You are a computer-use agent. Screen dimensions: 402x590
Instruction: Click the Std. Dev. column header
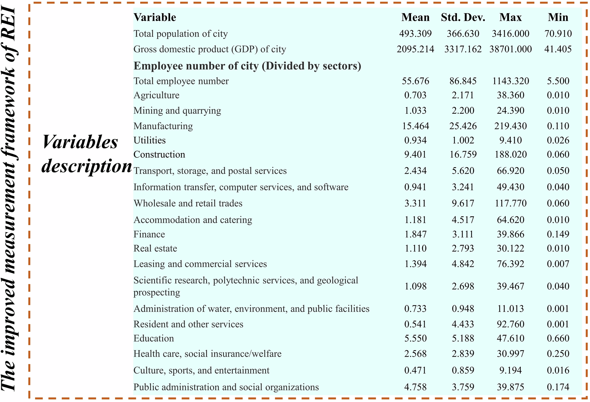(x=463, y=17)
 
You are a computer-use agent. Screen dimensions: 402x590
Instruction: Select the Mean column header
(x=415, y=17)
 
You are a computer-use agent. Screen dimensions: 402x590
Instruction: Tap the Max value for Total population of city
(x=510, y=34)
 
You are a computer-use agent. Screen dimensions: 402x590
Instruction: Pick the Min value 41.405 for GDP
(x=558, y=49)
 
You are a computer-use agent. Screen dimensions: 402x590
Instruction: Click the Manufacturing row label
(x=163, y=126)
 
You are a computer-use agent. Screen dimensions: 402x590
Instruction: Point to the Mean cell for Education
(x=415, y=338)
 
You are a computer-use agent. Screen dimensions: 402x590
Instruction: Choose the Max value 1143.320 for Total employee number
(x=510, y=81)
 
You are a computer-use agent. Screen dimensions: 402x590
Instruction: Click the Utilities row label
(x=150, y=140)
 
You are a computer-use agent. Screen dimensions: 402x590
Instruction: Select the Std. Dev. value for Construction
(x=463, y=154)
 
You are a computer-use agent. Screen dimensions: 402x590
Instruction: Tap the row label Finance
(x=149, y=234)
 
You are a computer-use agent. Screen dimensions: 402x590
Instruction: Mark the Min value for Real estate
(x=558, y=249)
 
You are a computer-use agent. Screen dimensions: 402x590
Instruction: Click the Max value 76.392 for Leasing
(x=510, y=264)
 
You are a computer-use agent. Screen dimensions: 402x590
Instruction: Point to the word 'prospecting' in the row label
(x=157, y=292)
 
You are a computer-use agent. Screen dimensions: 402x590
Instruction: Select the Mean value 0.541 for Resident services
(x=415, y=324)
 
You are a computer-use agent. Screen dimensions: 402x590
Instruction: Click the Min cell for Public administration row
(x=558, y=387)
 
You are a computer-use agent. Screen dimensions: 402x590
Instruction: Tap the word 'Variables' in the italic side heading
(x=80, y=142)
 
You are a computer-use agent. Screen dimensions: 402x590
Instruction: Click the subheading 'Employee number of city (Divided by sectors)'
(x=247, y=66)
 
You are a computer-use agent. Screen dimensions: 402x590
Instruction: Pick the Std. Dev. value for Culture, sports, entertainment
(x=463, y=370)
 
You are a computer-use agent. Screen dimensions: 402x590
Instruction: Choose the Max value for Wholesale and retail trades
(x=510, y=203)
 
